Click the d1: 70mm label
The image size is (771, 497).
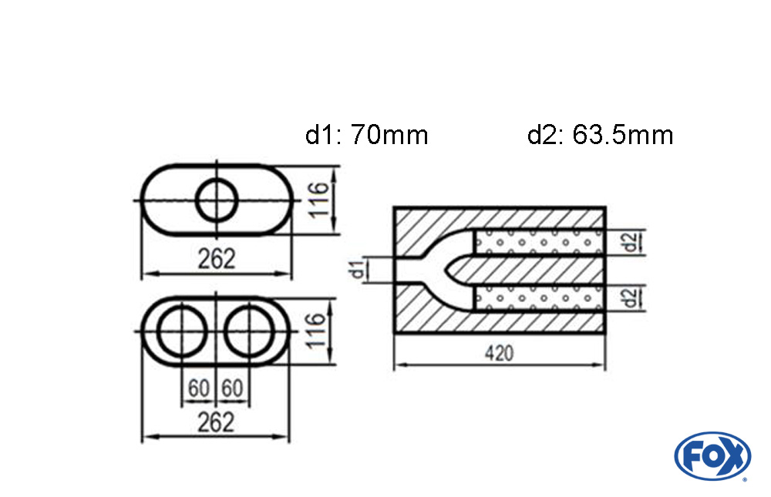point(366,136)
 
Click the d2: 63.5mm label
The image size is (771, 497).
point(600,136)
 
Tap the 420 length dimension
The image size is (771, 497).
point(499,354)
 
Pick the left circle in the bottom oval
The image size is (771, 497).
point(182,332)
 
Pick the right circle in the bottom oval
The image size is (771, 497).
point(250,332)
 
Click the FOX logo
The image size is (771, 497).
point(712,455)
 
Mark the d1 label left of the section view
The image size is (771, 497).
point(356,270)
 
